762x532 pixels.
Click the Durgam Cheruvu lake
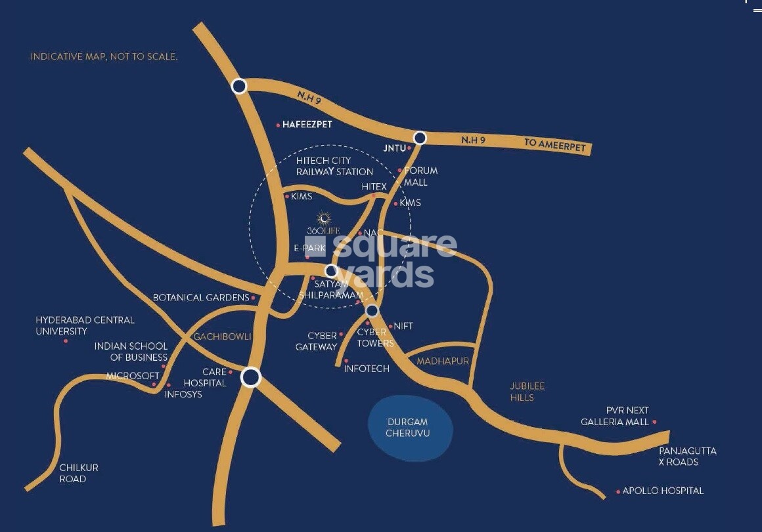(x=410, y=427)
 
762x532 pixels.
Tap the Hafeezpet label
(x=307, y=124)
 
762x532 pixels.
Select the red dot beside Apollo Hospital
(x=618, y=491)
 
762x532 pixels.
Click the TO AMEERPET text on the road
(x=554, y=145)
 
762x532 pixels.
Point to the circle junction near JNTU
(x=420, y=138)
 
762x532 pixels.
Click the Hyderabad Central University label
(x=85, y=325)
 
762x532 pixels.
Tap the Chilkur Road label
(x=78, y=473)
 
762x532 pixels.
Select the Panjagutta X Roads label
(x=687, y=457)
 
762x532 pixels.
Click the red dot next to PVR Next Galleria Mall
(x=654, y=422)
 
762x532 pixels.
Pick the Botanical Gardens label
(x=200, y=297)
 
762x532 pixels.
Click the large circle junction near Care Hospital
(x=251, y=377)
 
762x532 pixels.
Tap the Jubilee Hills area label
(x=527, y=392)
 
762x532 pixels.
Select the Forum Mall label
(x=420, y=176)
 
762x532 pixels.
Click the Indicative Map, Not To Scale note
(x=104, y=57)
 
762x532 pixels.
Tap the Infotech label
(x=367, y=369)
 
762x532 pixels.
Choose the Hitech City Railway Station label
(x=334, y=166)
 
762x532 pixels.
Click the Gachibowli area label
(x=222, y=337)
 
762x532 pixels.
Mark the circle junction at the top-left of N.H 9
(x=239, y=85)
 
